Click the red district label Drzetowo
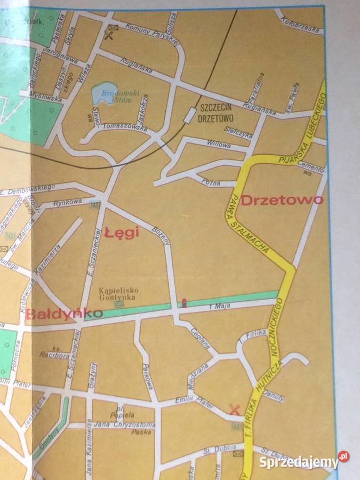(282, 201)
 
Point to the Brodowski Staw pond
(104, 95)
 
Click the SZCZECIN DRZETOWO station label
(218, 113)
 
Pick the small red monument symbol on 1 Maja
(183, 303)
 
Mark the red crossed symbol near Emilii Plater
(234, 410)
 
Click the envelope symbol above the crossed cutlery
(113, 27)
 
